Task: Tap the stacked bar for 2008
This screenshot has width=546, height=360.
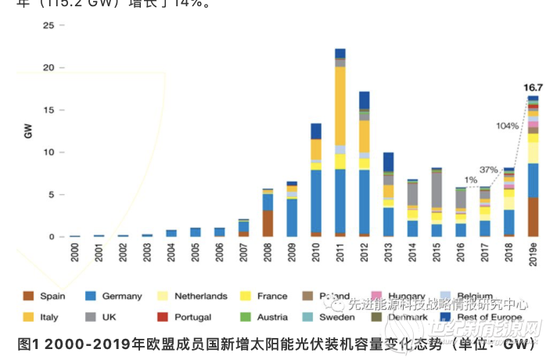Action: (x=268, y=212)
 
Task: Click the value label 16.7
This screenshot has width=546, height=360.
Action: (x=533, y=88)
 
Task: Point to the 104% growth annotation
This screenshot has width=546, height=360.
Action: (x=507, y=126)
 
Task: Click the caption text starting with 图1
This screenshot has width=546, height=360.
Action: (x=273, y=343)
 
